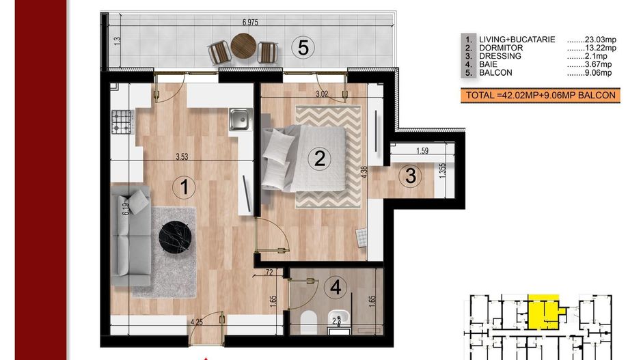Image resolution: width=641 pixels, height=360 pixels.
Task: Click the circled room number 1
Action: pyautogui.click(x=184, y=187)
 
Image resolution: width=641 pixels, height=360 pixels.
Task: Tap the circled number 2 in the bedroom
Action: pyautogui.click(x=319, y=158)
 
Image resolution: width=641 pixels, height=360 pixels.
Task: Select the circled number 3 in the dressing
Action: pyautogui.click(x=411, y=176)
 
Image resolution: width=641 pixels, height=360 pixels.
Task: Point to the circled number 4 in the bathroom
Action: pyautogui.click(x=336, y=288)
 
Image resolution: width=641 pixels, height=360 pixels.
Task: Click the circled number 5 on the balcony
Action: pyautogui.click(x=303, y=47)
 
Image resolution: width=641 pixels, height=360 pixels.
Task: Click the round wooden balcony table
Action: pyautogui.click(x=244, y=45)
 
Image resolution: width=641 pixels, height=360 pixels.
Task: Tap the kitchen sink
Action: pyautogui.click(x=241, y=120)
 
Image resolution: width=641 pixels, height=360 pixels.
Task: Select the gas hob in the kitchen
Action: pyautogui.click(x=122, y=122)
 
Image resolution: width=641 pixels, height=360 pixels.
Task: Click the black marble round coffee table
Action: pyautogui.click(x=176, y=238)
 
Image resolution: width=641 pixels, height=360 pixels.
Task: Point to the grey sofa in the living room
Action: pyautogui.click(x=131, y=235)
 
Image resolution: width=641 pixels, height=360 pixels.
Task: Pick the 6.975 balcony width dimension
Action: pyautogui.click(x=250, y=23)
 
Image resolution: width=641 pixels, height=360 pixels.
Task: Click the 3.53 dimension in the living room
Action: pyautogui.click(x=182, y=156)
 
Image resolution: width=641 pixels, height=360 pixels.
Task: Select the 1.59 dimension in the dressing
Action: pyautogui.click(x=422, y=151)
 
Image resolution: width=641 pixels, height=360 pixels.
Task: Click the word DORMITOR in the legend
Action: pyautogui.click(x=501, y=48)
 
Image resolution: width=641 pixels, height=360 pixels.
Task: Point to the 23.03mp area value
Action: pyautogui.click(x=592, y=40)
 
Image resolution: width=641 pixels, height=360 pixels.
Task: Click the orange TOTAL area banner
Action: pyautogui.click(x=541, y=96)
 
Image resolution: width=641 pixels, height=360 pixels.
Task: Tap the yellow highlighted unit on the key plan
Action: pyautogui.click(x=545, y=311)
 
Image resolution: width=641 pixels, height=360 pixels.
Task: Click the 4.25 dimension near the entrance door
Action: pyautogui.click(x=197, y=322)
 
